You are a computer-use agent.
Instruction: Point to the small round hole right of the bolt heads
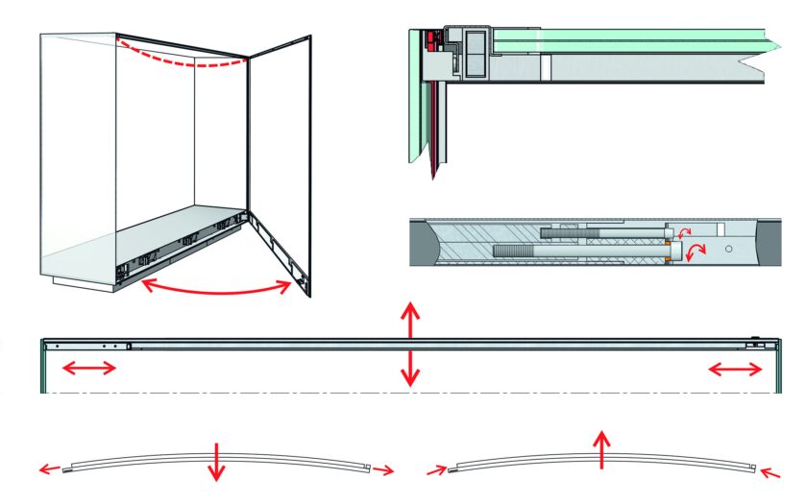(729, 248)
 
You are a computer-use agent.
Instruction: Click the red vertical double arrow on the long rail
(410, 343)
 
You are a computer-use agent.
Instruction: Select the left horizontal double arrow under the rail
(89, 369)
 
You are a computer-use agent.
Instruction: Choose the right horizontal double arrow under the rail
(735, 369)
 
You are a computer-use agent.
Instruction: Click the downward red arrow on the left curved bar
(218, 463)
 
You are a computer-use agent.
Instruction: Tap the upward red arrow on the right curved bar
(601, 448)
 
